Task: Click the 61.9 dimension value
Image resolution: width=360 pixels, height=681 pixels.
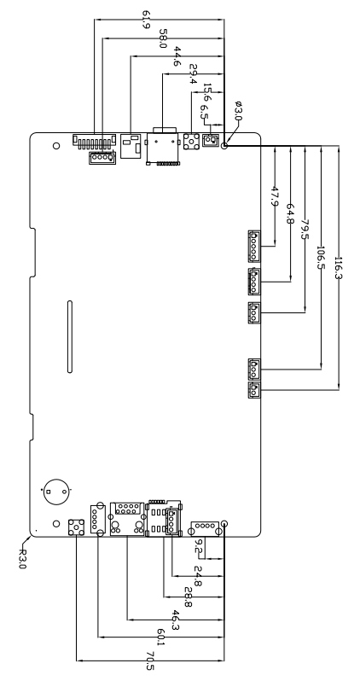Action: (x=146, y=20)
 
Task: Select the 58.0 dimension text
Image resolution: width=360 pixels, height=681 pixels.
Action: (x=163, y=38)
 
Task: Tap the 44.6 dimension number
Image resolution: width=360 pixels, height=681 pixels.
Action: (x=178, y=56)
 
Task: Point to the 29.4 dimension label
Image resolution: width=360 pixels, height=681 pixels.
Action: (x=194, y=74)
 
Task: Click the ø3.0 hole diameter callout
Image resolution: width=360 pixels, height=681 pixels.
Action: (x=238, y=111)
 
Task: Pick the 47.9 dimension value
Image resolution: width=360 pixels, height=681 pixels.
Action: (x=275, y=196)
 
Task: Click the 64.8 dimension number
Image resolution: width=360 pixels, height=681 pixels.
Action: (x=291, y=214)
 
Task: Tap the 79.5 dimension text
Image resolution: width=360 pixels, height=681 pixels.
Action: (x=305, y=230)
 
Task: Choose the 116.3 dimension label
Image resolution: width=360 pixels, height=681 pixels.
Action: (x=339, y=268)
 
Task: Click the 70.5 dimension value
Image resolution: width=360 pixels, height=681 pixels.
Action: (x=150, y=661)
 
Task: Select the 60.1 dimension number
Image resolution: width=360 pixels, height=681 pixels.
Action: (x=160, y=637)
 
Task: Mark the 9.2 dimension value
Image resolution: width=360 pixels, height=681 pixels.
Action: (x=199, y=546)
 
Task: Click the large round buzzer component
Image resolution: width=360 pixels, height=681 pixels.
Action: (x=56, y=492)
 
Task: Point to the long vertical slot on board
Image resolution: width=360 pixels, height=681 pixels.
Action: (x=69, y=336)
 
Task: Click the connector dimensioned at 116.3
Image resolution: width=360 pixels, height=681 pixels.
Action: (x=254, y=390)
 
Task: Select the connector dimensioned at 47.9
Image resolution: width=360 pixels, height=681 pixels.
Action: (x=254, y=247)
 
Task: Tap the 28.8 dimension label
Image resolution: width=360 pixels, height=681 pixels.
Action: (x=189, y=597)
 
